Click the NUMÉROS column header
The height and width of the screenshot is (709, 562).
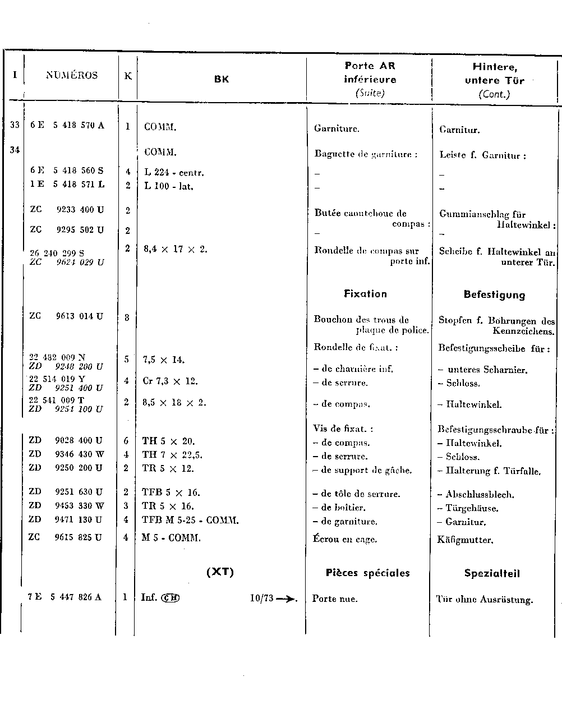(x=71, y=76)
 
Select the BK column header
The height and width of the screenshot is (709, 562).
(x=222, y=79)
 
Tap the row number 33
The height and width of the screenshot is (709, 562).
(x=15, y=125)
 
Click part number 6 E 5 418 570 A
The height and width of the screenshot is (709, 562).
(x=67, y=126)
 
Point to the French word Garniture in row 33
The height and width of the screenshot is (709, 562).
(x=337, y=128)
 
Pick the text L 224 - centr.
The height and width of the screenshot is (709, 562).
(x=174, y=173)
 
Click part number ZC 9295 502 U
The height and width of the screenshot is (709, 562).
(x=67, y=230)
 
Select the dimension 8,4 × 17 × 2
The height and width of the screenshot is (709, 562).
(x=176, y=248)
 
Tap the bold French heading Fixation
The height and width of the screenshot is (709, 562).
(x=365, y=294)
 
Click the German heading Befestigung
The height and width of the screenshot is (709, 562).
(x=494, y=295)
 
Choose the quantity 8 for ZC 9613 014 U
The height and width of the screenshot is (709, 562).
(x=127, y=318)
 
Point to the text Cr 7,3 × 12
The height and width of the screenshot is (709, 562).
(x=170, y=381)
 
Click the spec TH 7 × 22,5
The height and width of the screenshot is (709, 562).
(x=172, y=455)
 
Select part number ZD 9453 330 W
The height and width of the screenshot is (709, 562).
(x=66, y=506)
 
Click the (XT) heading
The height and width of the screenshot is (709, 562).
(x=220, y=572)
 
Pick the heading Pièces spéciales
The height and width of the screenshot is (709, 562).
(x=367, y=573)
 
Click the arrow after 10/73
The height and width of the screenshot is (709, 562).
(x=286, y=598)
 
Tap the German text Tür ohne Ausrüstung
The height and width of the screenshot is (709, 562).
(x=484, y=600)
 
